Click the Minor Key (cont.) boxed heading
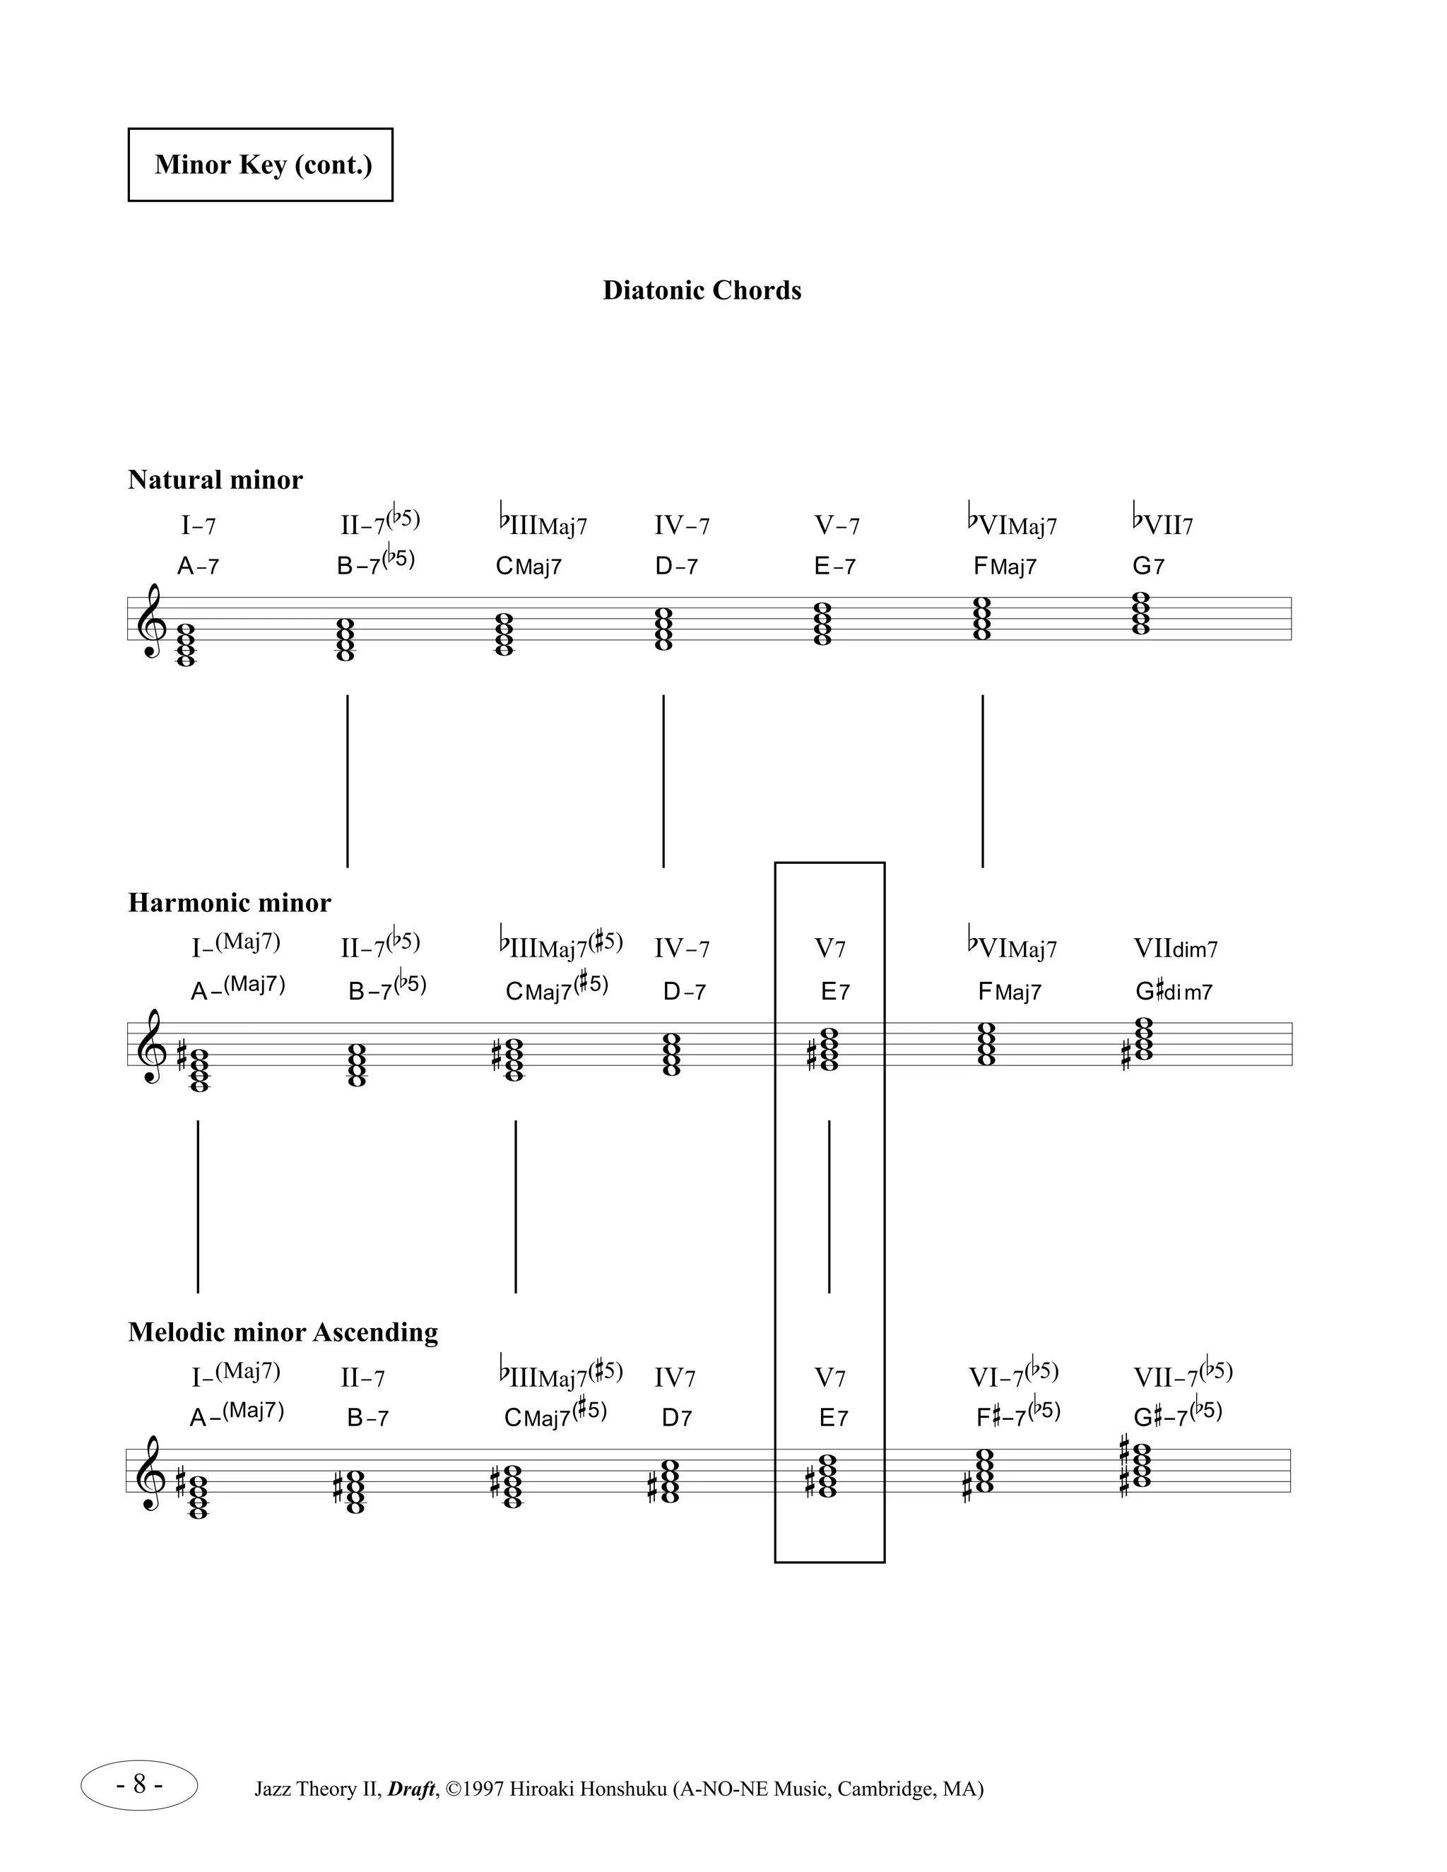[261, 165]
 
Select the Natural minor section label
[215, 480]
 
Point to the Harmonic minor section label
[229, 903]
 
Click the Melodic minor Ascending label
[283, 1332]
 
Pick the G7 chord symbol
[1148, 567]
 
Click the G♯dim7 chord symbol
[1174, 992]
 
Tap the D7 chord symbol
[676, 1418]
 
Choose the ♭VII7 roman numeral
[1162, 523]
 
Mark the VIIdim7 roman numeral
[1175, 949]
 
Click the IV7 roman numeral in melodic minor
[675, 1378]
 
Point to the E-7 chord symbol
[834, 567]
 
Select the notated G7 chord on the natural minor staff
[1141, 614]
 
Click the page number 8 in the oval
[139, 1785]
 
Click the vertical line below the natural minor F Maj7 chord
[982, 780]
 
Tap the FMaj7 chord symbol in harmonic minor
[1009, 993]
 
